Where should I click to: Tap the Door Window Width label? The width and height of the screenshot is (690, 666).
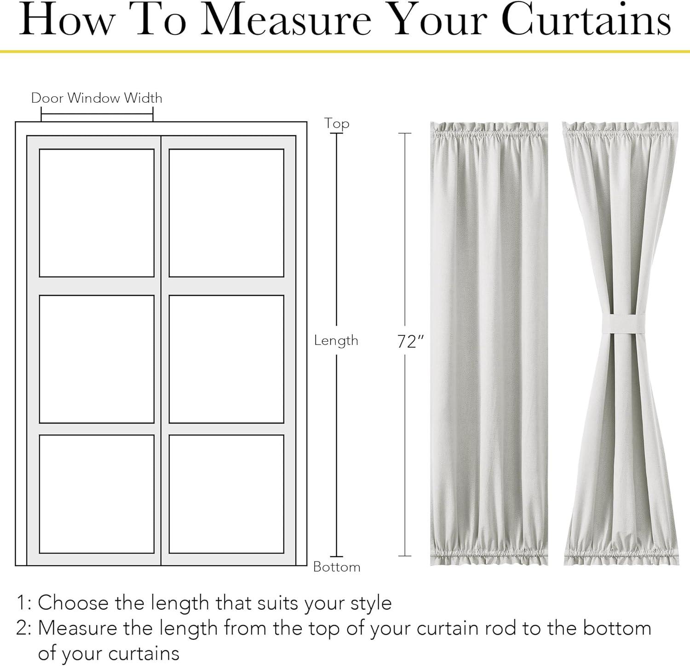point(97,98)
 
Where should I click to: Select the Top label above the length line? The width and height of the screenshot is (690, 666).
point(337,123)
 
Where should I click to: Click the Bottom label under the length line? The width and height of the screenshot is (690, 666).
point(337,567)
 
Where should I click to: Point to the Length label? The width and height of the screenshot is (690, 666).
point(336,340)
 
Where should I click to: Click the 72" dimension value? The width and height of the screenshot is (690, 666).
point(410,341)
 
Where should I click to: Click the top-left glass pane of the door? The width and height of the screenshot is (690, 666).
point(97,213)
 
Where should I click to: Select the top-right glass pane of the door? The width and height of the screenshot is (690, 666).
point(226,213)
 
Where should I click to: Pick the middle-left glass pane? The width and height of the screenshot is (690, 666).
point(97,359)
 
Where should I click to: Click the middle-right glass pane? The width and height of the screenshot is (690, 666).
point(226,359)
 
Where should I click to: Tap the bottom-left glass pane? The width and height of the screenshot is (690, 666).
point(97,494)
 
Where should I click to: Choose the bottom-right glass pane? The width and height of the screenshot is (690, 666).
point(226,494)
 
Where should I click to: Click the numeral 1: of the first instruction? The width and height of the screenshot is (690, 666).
point(24,603)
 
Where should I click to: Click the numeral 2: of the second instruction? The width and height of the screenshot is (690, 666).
point(24,628)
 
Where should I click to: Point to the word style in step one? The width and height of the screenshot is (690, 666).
point(371,604)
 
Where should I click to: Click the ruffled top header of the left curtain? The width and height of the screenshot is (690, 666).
point(489,131)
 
